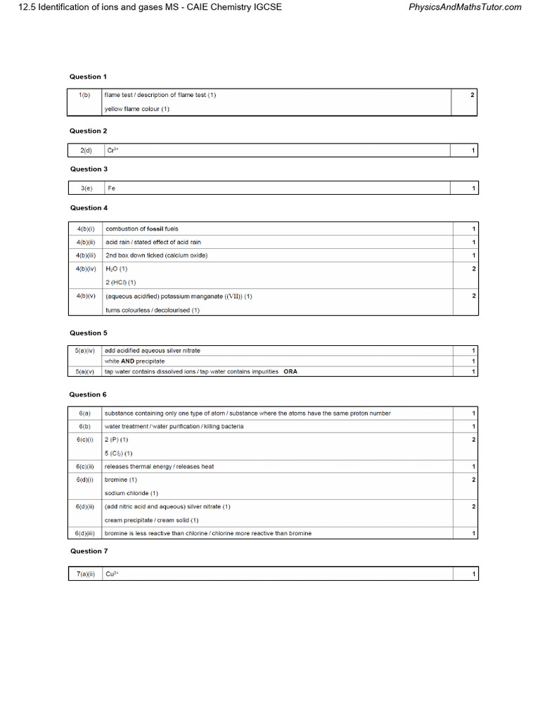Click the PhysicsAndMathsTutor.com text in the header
click(x=465, y=7)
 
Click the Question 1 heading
click(x=89, y=76)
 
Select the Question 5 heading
click(x=89, y=333)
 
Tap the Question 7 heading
click(x=89, y=551)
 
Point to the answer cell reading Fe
click(x=111, y=188)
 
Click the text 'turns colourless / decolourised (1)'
click(x=153, y=310)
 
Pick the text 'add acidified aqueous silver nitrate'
click(x=157, y=350)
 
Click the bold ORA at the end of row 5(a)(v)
click(x=290, y=371)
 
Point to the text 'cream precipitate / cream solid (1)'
click(x=151, y=520)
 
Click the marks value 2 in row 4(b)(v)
click(x=474, y=296)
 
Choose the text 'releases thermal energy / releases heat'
click(x=160, y=466)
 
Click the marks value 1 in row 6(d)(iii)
click(x=474, y=533)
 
